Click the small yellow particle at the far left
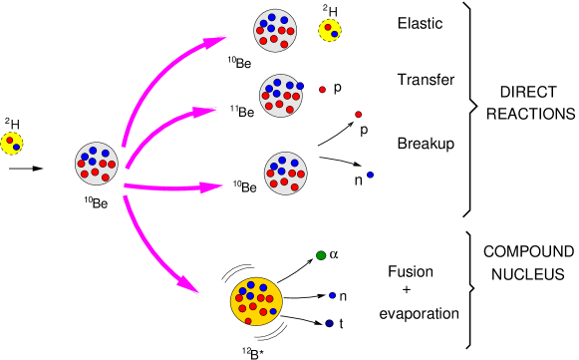pyautogui.click(x=11, y=143)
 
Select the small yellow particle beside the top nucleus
pyautogui.click(x=329, y=30)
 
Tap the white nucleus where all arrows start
pyautogui.click(x=97, y=164)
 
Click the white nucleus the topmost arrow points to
pyautogui.click(x=275, y=30)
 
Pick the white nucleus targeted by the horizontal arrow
pyautogui.click(x=285, y=174)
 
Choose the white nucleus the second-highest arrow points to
pyautogui.click(x=281, y=96)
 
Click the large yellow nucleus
pyautogui.click(x=256, y=301)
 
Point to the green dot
pyautogui.click(x=321, y=255)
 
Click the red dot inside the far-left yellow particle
pyautogui.click(x=9, y=140)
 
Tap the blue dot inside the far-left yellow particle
pyautogui.click(x=16, y=147)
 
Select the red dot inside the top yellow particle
pyautogui.click(x=327, y=27)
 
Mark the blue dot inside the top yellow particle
pyautogui.click(x=335, y=34)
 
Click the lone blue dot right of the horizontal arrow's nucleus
pyautogui.click(x=370, y=175)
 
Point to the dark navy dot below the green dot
pyautogui.click(x=329, y=323)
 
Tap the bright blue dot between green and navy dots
pyautogui.click(x=332, y=295)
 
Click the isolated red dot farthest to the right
pyautogui.click(x=359, y=114)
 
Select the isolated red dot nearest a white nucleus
pyautogui.click(x=322, y=90)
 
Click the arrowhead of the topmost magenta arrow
pyautogui.click(x=213, y=42)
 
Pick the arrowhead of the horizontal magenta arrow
pyautogui.click(x=209, y=186)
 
